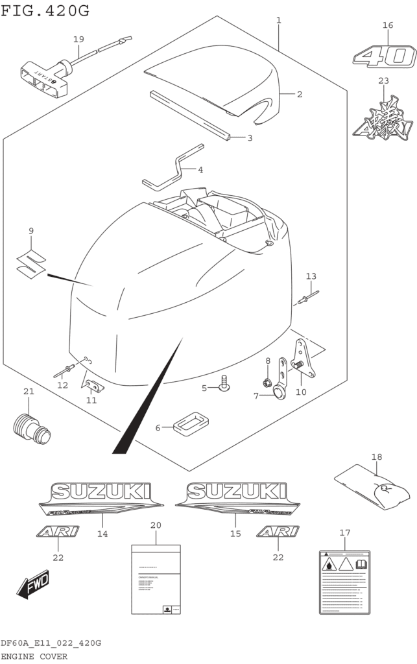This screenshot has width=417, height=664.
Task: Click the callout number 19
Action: [x=78, y=40]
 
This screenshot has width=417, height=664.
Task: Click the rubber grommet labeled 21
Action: [x=31, y=427]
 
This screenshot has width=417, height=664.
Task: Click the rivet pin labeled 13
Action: [x=308, y=297]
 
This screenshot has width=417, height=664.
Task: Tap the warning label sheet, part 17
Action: [x=344, y=582]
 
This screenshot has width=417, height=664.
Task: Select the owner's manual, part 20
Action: [x=156, y=578]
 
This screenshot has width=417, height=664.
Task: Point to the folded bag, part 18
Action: [x=372, y=486]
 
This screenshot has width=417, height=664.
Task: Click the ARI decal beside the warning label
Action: [x=278, y=532]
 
